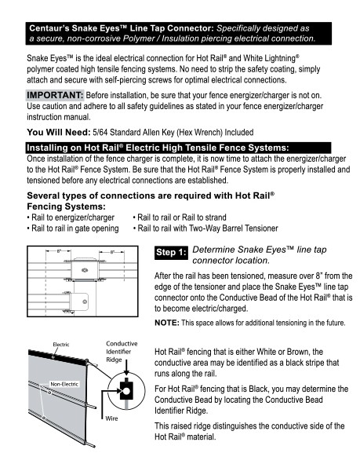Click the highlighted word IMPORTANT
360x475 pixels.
coord(55,95)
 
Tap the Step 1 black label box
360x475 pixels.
coord(171,252)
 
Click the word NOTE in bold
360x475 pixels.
coord(167,323)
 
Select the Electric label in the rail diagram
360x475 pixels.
coord(61,345)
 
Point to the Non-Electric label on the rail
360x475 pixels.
coord(64,384)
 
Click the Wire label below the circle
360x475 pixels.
coord(111,418)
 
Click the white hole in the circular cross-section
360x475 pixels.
coord(126,391)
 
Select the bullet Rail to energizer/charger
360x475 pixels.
coord(71,217)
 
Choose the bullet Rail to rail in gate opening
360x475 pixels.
coord(73,228)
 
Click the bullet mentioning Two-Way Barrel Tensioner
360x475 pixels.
coord(205,228)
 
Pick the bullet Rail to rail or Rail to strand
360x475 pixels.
coord(180,217)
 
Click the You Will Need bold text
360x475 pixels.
coord(59,132)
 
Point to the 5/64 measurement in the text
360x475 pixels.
coord(100,132)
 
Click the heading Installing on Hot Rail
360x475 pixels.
coord(158,148)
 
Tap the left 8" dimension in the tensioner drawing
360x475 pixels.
coord(59,250)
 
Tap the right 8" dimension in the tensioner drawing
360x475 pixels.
coord(112,251)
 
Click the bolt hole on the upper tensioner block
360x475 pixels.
coord(85,269)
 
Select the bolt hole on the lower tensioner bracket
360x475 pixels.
coord(85,301)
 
